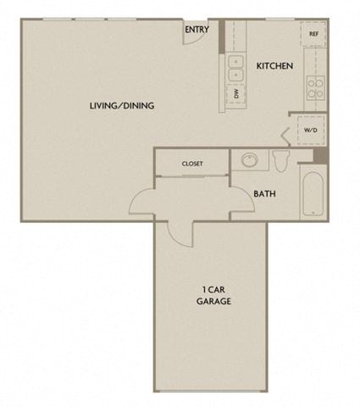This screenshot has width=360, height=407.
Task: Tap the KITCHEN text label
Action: pos(274,65)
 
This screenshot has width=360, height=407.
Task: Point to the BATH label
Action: pos(263,193)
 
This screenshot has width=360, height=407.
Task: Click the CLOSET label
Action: pos(192,164)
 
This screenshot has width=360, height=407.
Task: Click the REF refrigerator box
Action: pos(313,34)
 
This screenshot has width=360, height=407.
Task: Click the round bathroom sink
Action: pos(249,160)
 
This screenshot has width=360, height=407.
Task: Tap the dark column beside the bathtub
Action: pos(319,155)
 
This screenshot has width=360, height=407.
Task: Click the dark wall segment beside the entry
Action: pos(221,36)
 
